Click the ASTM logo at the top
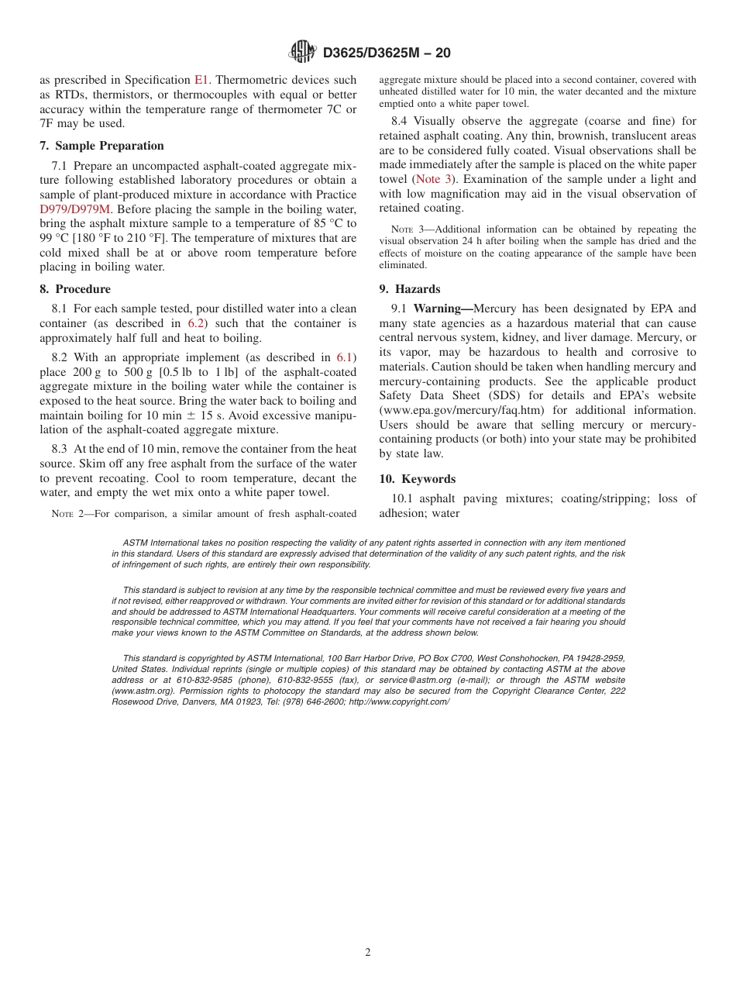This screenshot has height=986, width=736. (303, 52)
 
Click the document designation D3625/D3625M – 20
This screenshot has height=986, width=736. (386, 53)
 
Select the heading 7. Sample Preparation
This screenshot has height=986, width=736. (102, 146)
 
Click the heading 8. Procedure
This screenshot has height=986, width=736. (75, 289)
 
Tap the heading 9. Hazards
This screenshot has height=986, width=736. (410, 289)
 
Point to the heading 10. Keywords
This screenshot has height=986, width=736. (418, 479)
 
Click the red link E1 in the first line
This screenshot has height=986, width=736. (201, 80)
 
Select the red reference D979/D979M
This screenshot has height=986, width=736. (76, 209)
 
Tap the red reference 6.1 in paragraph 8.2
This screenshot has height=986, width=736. (345, 358)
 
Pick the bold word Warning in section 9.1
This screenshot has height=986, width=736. (439, 309)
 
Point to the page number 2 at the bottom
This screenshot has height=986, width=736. (368, 953)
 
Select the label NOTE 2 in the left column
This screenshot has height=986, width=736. (65, 514)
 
